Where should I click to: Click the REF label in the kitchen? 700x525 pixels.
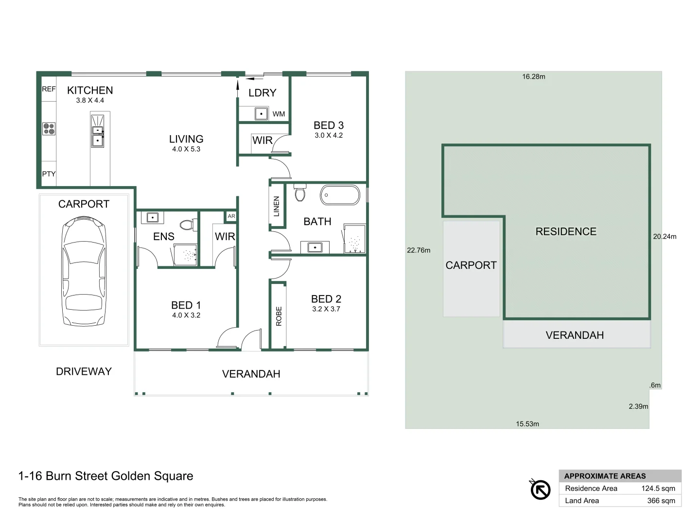tap(49, 89)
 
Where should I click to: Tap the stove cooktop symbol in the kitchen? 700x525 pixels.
tap(49, 129)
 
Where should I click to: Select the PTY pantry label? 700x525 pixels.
tap(49, 174)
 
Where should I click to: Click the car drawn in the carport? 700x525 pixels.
tap(84, 272)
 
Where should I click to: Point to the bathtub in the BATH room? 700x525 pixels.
tap(340, 195)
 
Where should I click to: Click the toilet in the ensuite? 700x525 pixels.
tap(187, 225)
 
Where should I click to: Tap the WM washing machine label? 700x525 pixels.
tap(279, 114)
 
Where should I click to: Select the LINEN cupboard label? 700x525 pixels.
tap(277, 206)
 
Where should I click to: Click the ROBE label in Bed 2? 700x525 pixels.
tap(279, 316)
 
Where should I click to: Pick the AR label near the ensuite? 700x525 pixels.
tap(231, 216)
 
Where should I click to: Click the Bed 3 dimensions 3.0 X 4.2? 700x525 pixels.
tap(329, 136)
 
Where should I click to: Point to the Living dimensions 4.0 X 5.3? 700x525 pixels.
tap(186, 149)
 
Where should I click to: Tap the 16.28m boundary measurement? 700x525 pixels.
tap(534, 77)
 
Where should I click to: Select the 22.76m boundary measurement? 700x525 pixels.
tap(419, 250)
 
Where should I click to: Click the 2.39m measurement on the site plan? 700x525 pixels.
tap(638, 406)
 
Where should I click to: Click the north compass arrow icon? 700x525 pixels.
tap(540, 489)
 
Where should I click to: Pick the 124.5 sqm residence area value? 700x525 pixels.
tap(658, 489)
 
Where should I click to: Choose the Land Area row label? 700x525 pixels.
tap(582, 501)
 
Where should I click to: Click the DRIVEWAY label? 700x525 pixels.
tap(84, 371)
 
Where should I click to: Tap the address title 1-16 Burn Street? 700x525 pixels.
tap(105, 476)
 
